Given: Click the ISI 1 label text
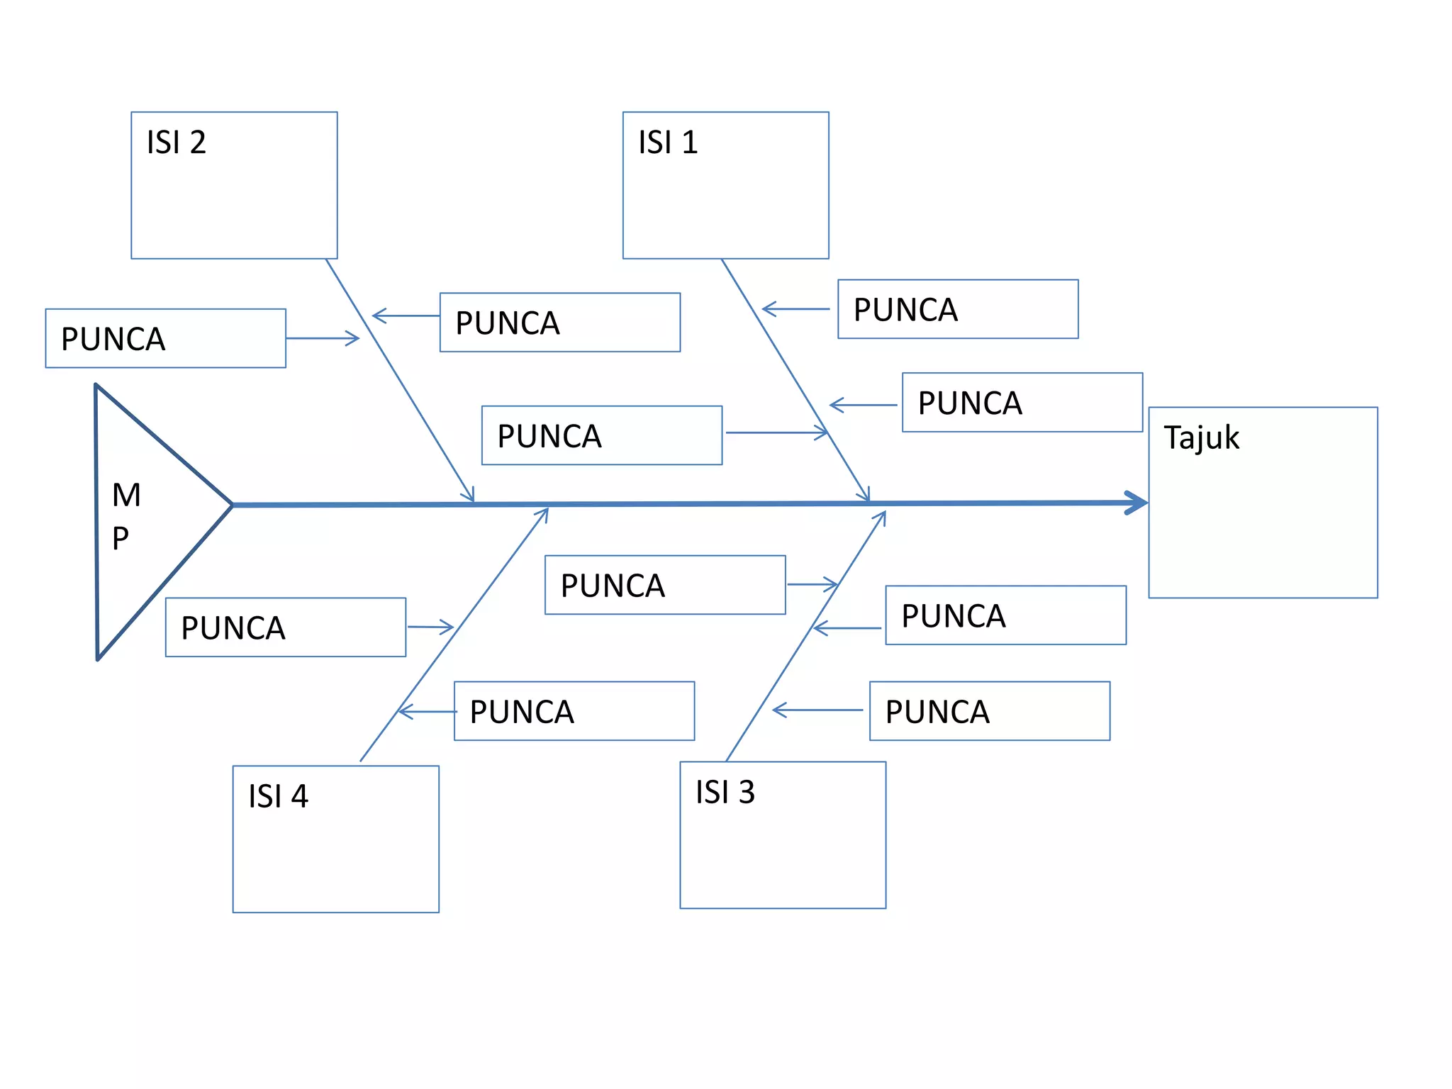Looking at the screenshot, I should tap(668, 143).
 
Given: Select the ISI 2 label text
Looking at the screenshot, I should tap(176, 143).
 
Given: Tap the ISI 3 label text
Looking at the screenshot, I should tap(725, 792).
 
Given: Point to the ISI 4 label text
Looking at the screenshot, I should tap(278, 796).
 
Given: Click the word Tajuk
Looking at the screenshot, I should tap(1201, 437).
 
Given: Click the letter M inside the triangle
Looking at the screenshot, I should tap(126, 495).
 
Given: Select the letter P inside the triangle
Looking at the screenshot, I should tap(121, 539).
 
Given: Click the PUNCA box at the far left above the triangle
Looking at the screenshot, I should tap(165, 338).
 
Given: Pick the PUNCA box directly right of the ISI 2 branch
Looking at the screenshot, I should tap(559, 323).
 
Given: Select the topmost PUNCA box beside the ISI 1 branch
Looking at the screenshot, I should tap(957, 309).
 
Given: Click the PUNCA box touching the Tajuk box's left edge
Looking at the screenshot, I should tap(1022, 402).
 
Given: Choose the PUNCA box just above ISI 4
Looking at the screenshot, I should tap(574, 711).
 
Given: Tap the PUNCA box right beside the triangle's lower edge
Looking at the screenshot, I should tap(285, 627).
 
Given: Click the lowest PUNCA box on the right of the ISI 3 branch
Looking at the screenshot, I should tap(989, 711).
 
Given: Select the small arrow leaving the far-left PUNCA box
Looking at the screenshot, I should tap(323, 338).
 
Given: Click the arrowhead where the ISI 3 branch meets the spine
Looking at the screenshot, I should tap(881, 518).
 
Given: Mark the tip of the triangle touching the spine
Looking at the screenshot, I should tap(231, 505).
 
